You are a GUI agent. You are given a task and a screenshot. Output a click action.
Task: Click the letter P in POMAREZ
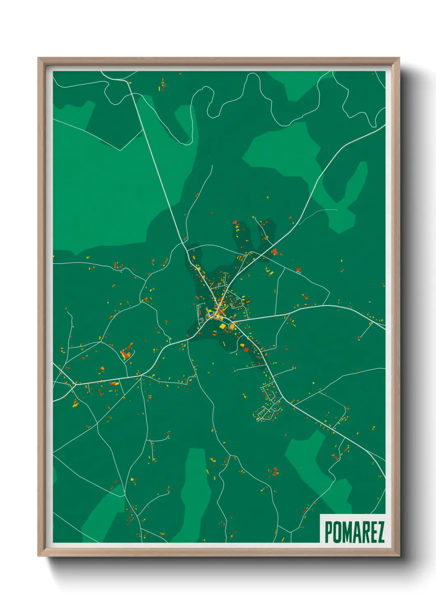(x=329, y=532)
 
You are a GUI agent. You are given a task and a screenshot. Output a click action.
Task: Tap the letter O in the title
(x=337, y=532)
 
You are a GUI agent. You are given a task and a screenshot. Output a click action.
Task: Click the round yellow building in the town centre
(x=232, y=326)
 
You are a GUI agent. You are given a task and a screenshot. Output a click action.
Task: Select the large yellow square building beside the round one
(x=223, y=326)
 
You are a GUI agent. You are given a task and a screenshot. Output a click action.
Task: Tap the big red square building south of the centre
(x=246, y=350)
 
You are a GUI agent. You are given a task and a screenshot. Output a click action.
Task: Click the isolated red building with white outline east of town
(x=298, y=270)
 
